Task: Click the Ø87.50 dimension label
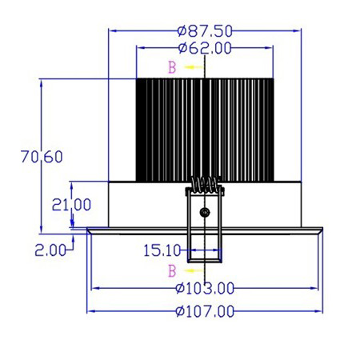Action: [x=205, y=31]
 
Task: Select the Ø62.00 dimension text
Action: [x=205, y=48]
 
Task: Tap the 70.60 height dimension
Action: [x=42, y=157]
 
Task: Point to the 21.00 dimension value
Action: [x=71, y=205]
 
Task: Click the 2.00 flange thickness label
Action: [x=50, y=250]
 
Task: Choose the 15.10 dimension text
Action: [x=162, y=250]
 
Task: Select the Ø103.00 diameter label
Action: [x=205, y=288]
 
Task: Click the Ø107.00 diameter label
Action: [x=205, y=311]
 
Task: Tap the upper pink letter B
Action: [x=172, y=67]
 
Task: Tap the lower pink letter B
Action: [x=172, y=271]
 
